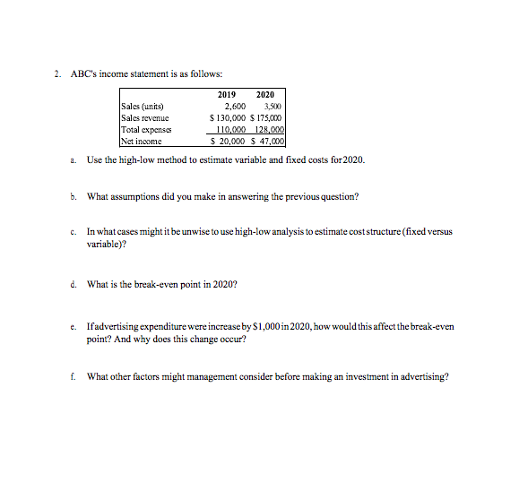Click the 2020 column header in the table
[266, 95]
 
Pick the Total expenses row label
[146, 129]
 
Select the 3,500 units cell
[272, 107]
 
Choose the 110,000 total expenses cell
[232, 129]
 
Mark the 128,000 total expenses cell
[269, 129]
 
